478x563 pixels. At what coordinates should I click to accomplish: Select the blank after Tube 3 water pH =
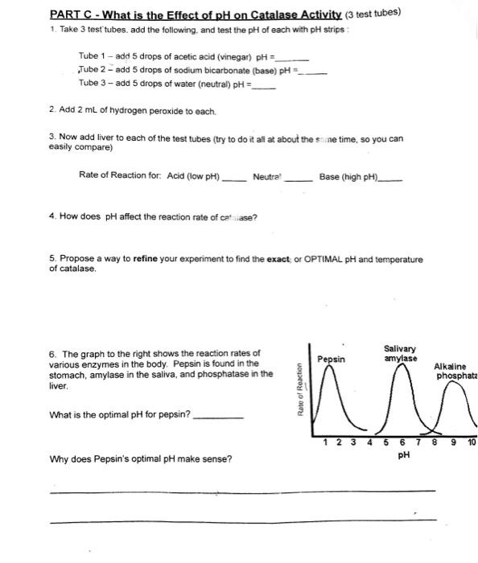(265, 87)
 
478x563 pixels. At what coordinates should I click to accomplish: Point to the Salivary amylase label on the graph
(400, 353)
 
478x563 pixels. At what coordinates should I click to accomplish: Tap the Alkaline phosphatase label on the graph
(455, 371)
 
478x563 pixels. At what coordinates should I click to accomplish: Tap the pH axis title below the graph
(405, 455)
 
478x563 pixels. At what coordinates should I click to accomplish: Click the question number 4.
(52, 216)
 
